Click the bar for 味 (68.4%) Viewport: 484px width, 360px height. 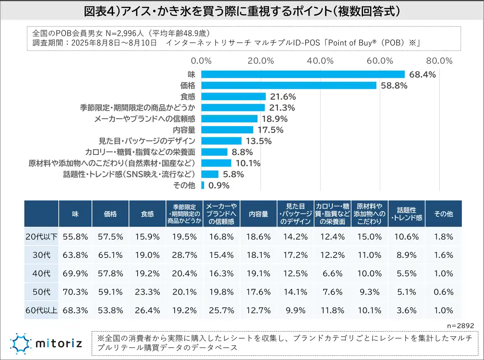pyautogui.click(x=302, y=74)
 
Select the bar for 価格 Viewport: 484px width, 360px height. pyautogui.click(x=289, y=85)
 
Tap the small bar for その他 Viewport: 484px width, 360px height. pyautogui.click(x=203, y=185)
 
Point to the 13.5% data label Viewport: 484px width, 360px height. pyautogui.click(x=259, y=141)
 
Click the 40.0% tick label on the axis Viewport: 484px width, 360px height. pyautogui.click(x=320, y=61)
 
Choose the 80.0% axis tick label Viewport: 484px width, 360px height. pyautogui.click(x=439, y=61)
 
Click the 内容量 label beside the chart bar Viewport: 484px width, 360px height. pyautogui.click(x=184, y=130)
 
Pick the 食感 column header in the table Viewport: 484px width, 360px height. pyautogui.click(x=147, y=214)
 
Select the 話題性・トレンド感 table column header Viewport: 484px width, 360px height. pyautogui.click(x=406, y=214)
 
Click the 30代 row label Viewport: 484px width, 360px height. pyautogui.click(x=41, y=255)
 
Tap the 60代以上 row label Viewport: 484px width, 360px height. pyautogui.click(x=41, y=311)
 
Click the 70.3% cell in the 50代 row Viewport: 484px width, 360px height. pyautogui.click(x=75, y=292)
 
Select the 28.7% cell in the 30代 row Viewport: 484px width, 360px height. pyautogui.click(x=185, y=255)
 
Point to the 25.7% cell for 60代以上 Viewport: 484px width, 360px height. pyautogui.click(x=222, y=311)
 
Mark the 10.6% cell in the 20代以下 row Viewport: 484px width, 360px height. pyautogui.click(x=406, y=237)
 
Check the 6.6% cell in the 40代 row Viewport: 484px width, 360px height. pyautogui.click(x=332, y=273)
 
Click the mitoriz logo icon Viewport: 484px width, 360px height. pyautogui.click(x=20, y=343)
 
